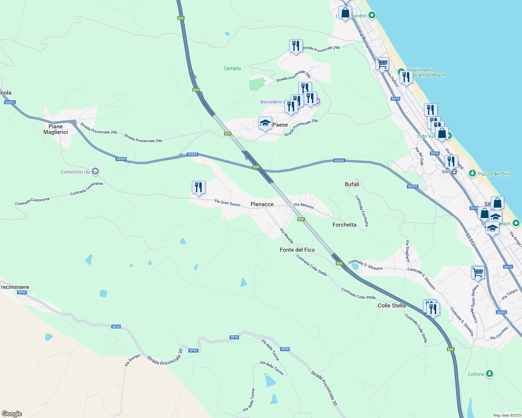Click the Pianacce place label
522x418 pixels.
pyautogui.click(x=262, y=204)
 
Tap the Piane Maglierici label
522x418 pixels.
pyautogui.click(x=55, y=129)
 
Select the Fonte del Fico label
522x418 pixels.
pyautogui.click(x=297, y=250)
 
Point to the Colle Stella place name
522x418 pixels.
pyautogui.click(x=392, y=305)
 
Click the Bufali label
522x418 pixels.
pyautogui.click(x=352, y=184)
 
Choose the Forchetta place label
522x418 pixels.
pyautogui.click(x=344, y=225)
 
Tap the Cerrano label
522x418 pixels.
pyautogui.click(x=232, y=69)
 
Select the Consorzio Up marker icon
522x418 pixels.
pyautogui.click(x=95, y=171)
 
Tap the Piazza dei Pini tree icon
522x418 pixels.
pyautogui.click(x=472, y=173)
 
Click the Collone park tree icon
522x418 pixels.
pyautogui.click(x=490, y=374)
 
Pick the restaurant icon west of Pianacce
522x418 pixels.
pyautogui.click(x=199, y=187)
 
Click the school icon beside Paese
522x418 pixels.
pyautogui.click(x=265, y=123)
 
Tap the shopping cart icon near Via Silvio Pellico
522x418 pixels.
pyautogui.click(x=382, y=64)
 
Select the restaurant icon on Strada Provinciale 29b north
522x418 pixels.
pyautogui.click(x=296, y=46)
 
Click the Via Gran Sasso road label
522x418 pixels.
pyautogui.click(x=227, y=203)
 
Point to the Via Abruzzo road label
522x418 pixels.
pyautogui.click(x=304, y=206)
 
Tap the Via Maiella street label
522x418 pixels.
pyautogui.click(x=286, y=236)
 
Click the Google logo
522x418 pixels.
pyautogui.click(x=12, y=414)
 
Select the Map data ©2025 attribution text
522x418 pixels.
pyautogui.click(x=507, y=415)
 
